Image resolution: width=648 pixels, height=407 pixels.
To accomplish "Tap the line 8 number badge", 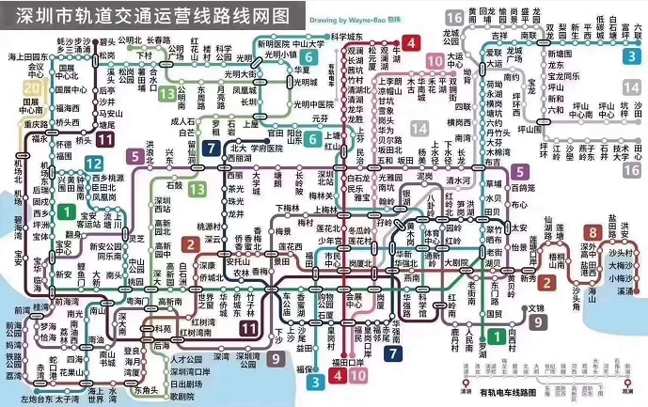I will point(593,232).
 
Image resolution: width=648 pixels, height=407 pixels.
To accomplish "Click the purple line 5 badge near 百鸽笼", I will point(519,171).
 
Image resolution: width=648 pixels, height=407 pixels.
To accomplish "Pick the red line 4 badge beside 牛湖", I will point(411,42).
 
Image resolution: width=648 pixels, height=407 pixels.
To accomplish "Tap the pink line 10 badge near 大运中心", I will point(434,63).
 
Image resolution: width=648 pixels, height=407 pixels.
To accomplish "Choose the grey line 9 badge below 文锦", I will point(537,322).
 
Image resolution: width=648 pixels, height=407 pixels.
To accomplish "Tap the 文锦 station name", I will point(535,307).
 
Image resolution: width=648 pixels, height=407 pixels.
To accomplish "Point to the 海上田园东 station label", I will point(29,57).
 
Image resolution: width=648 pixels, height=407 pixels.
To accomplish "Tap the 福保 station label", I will point(307,370).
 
